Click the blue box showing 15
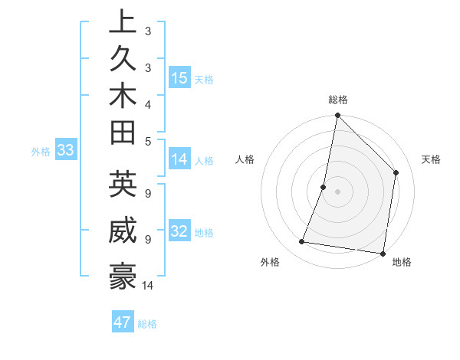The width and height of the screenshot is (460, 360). pos(179,78)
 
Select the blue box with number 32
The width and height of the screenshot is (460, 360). pos(179,232)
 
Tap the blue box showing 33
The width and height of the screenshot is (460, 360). pos(65,151)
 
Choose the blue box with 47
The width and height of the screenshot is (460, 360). pos(123,322)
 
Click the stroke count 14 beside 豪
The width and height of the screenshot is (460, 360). pos(148,286)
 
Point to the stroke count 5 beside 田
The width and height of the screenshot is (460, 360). pos(148,140)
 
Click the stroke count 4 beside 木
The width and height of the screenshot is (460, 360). pos(148,103)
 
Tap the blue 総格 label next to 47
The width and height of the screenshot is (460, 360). pos(147,324)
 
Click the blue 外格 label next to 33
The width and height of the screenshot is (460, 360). pos(41,152)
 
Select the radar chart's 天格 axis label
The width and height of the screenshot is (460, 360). pos(431,159)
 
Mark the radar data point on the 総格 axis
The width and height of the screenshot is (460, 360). pos(337,116)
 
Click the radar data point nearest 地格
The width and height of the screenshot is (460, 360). pos(383,253)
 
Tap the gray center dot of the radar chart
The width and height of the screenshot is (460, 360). pos(337,191)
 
